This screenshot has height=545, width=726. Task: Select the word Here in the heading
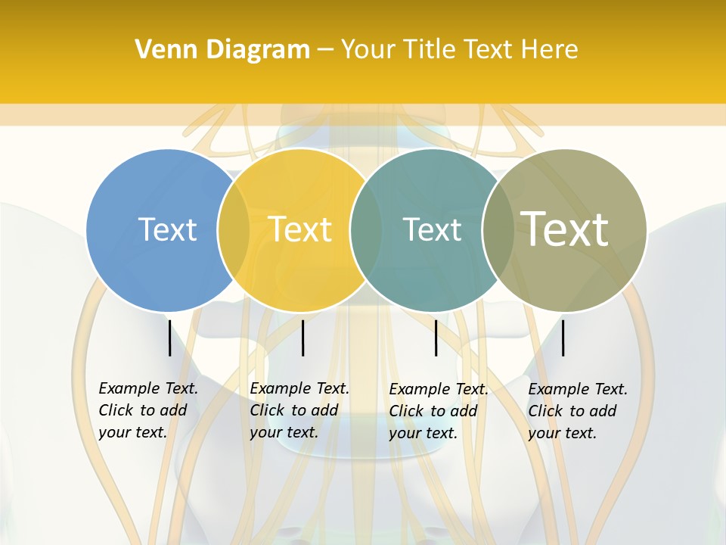pyautogui.click(x=549, y=50)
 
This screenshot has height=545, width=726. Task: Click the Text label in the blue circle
pyautogui.click(x=167, y=229)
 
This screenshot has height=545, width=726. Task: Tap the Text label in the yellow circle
pyautogui.click(x=300, y=229)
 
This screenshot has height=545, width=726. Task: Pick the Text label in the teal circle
pyautogui.click(x=432, y=229)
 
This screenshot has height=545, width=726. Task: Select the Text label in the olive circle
pyautogui.click(x=565, y=229)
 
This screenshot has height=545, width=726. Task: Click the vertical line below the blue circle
pyautogui.click(x=169, y=338)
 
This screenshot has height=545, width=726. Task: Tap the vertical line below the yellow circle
pyautogui.click(x=302, y=338)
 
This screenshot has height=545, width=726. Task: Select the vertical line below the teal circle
pyautogui.click(x=436, y=338)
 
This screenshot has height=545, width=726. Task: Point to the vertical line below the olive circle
pyautogui.click(x=563, y=338)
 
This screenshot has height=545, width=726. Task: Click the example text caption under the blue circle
pyautogui.click(x=148, y=410)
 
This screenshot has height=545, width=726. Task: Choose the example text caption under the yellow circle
pyautogui.click(x=299, y=410)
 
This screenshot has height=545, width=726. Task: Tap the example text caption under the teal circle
pyautogui.click(x=439, y=411)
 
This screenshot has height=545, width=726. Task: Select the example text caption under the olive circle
pyautogui.click(x=578, y=411)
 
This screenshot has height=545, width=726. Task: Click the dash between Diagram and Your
pyautogui.click(x=325, y=51)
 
